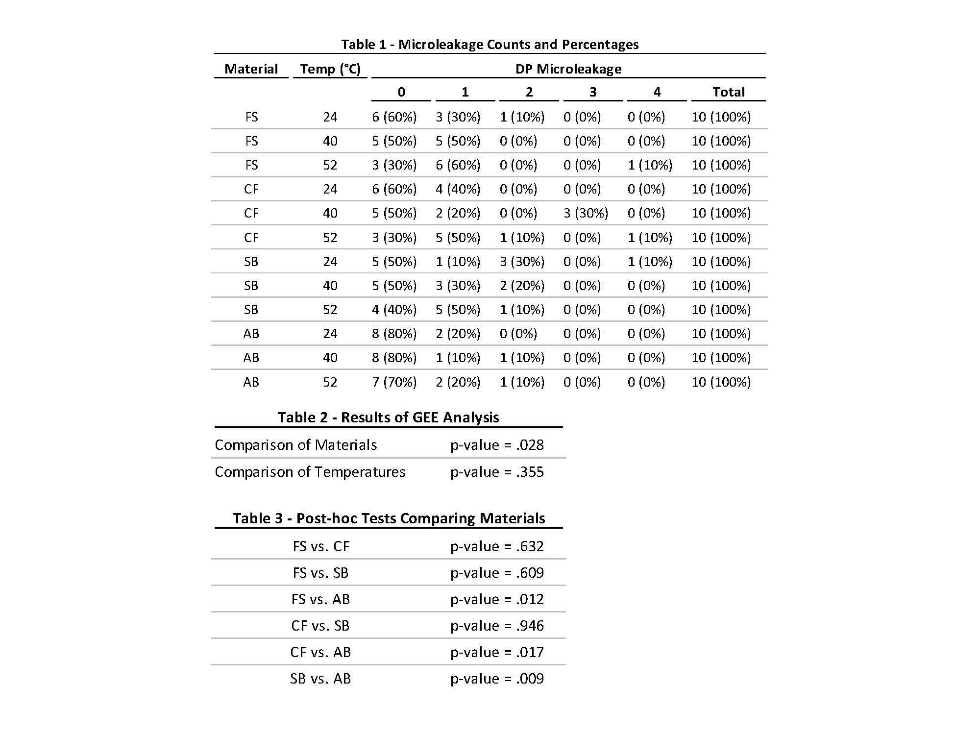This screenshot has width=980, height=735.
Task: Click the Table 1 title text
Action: (x=490, y=45)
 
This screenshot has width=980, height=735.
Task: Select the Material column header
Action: (x=251, y=69)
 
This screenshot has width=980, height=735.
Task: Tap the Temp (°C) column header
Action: (x=330, y=69)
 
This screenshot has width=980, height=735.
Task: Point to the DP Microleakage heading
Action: (x=568, y=69)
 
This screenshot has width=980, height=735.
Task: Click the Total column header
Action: (x=728, y=92)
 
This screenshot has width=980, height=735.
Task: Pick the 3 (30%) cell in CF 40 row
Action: (x=586, y=213)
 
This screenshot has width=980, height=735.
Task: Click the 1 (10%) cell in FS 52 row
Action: (x=650, y=165)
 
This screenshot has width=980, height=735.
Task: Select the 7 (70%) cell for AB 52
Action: (x=394, y=382)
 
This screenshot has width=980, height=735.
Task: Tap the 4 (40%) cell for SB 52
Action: (x=394, y=310)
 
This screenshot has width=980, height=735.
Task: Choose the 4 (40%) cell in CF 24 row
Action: (x=458, y=189)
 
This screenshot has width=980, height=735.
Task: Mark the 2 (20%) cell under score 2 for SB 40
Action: (x=522, y=286)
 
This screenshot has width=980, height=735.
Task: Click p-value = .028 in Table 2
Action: (x=497, y=445)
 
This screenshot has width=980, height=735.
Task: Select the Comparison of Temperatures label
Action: (x=310, y=472)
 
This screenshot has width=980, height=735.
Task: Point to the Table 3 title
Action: (x=389, y=518)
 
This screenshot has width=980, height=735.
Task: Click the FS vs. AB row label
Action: (x=320, y=599)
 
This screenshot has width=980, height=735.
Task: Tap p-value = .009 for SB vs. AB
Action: (x=497, y=679)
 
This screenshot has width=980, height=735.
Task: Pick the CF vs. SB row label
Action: (x=320, y=626)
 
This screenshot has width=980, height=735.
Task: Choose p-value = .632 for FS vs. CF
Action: (x=497, y=546)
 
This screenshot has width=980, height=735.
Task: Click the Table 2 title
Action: (x=388, y=417)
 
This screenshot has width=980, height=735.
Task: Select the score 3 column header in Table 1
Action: (x=593, y=92)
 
